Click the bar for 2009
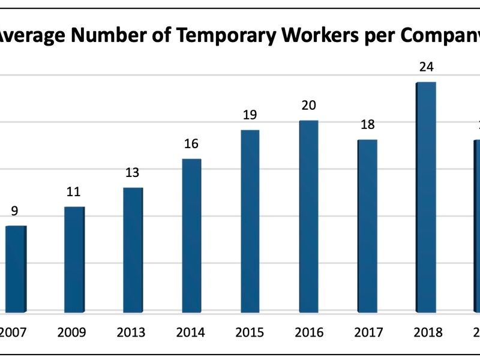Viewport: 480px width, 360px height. coord(74,259)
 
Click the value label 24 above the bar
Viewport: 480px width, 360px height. coord(427,67)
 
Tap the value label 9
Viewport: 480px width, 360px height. coord(15,211)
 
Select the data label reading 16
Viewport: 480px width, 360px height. coord(191,144)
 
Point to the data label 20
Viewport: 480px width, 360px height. coord(309,106)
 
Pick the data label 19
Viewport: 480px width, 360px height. coord(250,115)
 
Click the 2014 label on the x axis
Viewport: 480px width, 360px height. coord(191,332)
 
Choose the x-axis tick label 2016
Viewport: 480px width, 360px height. coord(309,332)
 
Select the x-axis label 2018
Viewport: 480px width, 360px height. coord(427,332)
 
